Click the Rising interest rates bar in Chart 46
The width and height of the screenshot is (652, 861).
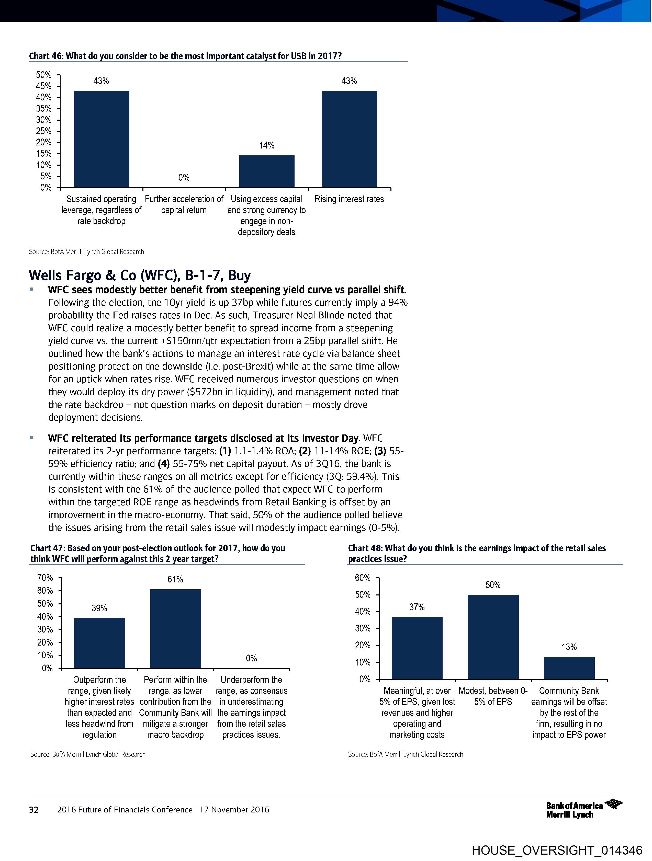click(349, 139)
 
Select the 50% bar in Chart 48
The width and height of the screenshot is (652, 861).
click(493, 637)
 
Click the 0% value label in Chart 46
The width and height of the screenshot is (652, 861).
click(184, 178)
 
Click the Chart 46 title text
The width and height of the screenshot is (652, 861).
click(185, 56)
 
